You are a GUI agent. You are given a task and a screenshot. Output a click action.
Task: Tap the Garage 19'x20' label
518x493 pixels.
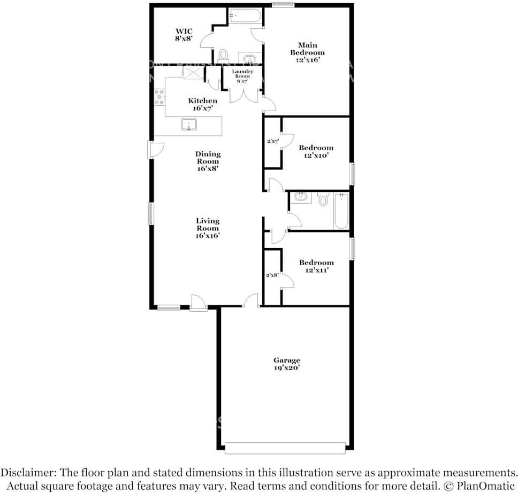(287, 364)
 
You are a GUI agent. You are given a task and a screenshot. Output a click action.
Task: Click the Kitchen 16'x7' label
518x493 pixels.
(202, 104)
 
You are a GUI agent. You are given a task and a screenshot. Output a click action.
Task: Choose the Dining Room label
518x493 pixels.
(208, 161)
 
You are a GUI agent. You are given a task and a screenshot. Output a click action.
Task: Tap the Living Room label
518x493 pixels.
(208, 228)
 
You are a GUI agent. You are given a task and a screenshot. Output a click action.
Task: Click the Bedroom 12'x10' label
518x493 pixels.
(316, 151)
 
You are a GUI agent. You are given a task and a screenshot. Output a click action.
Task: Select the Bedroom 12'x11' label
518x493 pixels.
(316, 266)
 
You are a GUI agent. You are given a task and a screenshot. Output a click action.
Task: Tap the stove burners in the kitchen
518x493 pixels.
(159, 98)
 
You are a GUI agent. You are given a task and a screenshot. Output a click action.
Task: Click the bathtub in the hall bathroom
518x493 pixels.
(341, 211)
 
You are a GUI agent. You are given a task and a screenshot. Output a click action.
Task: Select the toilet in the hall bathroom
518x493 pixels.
(323, 200)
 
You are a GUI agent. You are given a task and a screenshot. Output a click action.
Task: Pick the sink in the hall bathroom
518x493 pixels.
(301, 197)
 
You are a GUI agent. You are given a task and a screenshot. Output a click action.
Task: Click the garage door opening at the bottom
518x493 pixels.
(285, 448)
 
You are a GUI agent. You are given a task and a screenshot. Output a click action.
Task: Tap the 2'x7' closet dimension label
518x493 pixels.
(273, 142)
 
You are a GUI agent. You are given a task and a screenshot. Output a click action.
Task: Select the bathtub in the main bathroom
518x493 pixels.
(245, 16)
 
